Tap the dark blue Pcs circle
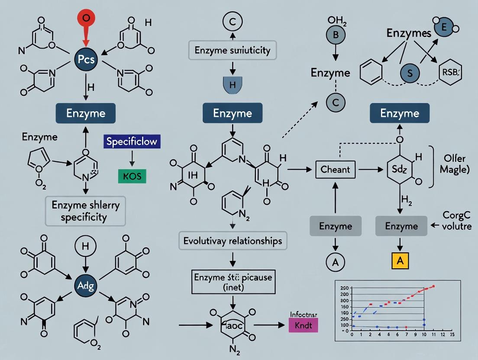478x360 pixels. point(86,60)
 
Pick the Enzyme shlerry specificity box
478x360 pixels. point(85,211)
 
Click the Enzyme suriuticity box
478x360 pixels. point(233,50)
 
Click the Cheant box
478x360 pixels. point(335,170)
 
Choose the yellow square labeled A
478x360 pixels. point(400,261)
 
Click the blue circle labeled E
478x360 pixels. point(443,27)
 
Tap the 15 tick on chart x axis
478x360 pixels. point(452,334)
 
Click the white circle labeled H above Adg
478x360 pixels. point(85,247)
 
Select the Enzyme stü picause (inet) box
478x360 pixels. point(233,281)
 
